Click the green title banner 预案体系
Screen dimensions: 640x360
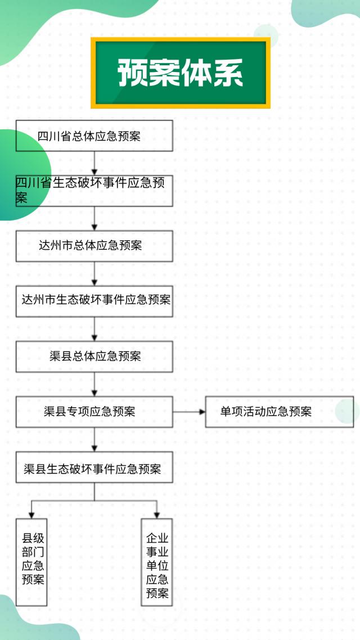(180, 73)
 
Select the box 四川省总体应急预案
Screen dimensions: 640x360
(94, 136)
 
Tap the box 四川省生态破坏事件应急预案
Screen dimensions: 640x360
(94, 191)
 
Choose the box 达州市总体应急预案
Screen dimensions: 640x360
(94, 246)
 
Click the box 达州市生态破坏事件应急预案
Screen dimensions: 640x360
(94, 301)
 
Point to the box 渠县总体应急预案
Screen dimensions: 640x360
(94, 357)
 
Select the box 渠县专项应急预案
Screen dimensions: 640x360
(94, 412)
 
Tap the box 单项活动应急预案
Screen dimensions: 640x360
(279, 412)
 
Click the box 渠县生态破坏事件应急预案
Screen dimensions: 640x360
(94, 467)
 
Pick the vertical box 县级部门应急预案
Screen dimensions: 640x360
(31, 562)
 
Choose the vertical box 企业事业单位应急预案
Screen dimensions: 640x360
(156, 562)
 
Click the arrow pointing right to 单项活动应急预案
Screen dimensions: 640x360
(189, 412)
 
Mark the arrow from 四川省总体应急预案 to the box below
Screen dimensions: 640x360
(94, 163)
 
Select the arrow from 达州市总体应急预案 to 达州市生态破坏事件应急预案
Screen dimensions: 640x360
(94, 274)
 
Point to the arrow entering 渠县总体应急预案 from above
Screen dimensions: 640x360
(94, 329)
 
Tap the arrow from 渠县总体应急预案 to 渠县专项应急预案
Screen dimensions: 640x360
(94, 384)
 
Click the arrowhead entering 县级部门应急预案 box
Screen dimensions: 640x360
(31, 514)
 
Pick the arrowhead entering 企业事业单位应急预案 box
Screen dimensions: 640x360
(157, 514)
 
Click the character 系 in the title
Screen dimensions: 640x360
(227, 73)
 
